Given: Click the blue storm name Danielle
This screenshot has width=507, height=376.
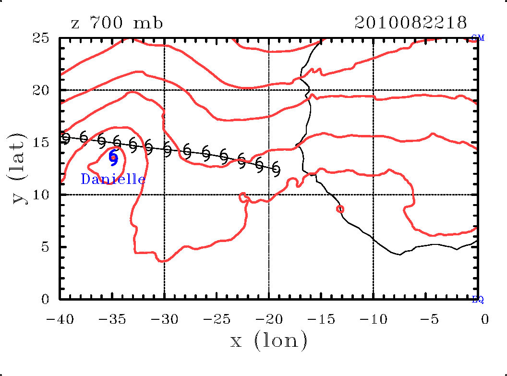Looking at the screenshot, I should [113, 180].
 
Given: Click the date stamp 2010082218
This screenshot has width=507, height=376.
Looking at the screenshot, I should [410, 23].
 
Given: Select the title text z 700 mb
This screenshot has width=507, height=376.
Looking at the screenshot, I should [117, 23].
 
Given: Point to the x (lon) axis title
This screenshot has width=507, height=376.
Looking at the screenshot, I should [268, 340].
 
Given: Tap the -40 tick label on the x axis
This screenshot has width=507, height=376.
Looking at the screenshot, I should [57, 319].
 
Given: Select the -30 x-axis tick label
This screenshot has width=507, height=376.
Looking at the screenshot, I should [161, 319].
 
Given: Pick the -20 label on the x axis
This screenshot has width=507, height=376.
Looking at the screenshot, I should [266, 319].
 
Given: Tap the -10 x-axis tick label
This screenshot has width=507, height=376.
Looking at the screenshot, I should [370, 319].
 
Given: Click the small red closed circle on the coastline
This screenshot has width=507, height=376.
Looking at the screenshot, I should [340, 209].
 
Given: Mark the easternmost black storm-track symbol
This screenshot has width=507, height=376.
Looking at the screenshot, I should [276, 169].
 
